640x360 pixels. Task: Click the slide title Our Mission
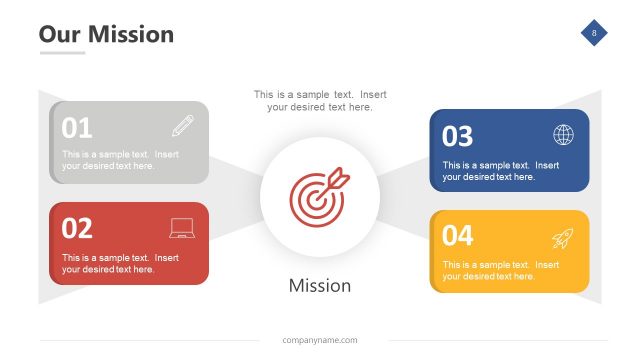(x=106, y=34)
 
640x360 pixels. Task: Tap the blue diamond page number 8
(x=595, y=34)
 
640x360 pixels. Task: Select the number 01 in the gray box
(x=77, y=128)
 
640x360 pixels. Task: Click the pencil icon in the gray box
(x=183, y=126)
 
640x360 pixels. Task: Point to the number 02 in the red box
(x=77, y=228)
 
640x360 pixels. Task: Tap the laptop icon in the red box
(x=183, y=229)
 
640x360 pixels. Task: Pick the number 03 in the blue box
(x=458, y=135)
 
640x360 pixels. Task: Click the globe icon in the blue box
(x=564, y=135)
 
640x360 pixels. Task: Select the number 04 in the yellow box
(x=458, y=236)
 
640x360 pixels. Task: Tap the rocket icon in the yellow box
(x=563, y=238)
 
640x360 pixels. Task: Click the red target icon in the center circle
(x=319, y=194)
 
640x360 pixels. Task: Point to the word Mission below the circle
(x=320, y=286)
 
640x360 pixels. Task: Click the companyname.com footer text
(x=320, y=341)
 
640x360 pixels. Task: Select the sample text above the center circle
(x=320, y=101)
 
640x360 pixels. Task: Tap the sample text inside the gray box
(x=120, y=160)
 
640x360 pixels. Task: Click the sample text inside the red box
(x=120, y=263)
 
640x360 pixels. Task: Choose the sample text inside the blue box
(x=501, y=170)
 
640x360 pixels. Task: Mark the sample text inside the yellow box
(x=501, y=270)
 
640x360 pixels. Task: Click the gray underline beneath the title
(x=62, y=52)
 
